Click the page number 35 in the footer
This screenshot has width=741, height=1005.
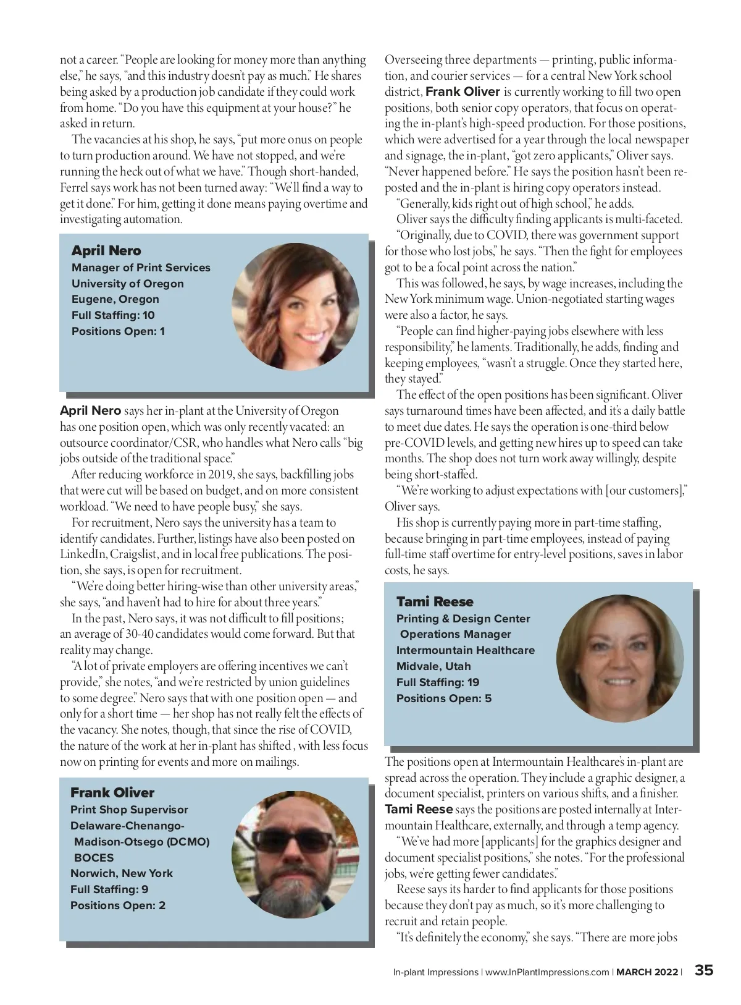tap(704, 970)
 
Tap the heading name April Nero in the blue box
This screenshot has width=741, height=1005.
tap(106, 250)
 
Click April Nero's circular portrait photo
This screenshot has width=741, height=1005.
tap(296, 307)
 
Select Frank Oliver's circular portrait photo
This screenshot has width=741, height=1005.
tap(296, 854)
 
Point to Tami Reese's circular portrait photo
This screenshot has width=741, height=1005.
tap(620, 658)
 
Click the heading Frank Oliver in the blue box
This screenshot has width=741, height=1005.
tap(112, 792)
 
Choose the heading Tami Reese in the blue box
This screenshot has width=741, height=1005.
tap(435, 601)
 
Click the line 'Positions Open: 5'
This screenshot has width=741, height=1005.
tap(444, 698)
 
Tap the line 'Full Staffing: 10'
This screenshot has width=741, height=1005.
tap(113, 315)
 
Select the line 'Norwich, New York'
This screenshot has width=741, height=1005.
tap(122, 873)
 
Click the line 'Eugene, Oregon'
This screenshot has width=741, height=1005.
tap(115, 299)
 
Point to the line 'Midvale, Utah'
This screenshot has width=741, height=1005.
tap(433, 666)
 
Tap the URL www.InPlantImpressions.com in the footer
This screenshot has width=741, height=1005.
tap(547, 972)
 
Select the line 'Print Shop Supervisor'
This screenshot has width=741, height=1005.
tap(129, 810)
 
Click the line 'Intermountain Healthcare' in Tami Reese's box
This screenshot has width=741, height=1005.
tap(466, 650)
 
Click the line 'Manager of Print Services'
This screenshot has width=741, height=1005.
tap(141, 268)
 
